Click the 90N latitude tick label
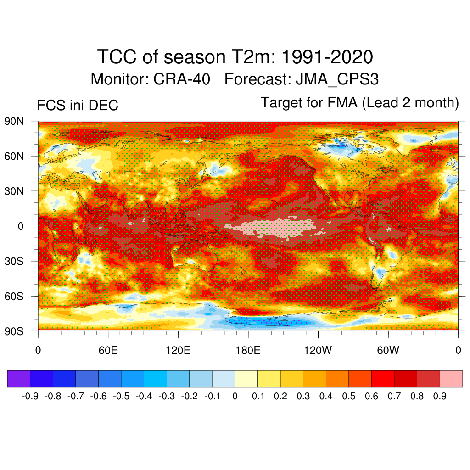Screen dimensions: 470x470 pyautogui.click(x=14, y=122)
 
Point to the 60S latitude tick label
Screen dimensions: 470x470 pyautogui.click(x=14, y=296)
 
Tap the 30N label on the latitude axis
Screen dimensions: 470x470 pyautogui.click(x=14, y=191)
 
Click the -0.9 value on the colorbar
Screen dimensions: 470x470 pyautogui.click(x=30, y=396)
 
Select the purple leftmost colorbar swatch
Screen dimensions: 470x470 pyautogui.click(x=19, y=379)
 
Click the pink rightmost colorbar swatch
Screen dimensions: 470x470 pyautogui.click(x=451, y=379)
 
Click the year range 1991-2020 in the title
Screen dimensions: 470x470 pyautogui.click(x=326, y=57)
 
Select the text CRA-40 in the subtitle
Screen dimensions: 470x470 pyautogui.click(x=182, y=79)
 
